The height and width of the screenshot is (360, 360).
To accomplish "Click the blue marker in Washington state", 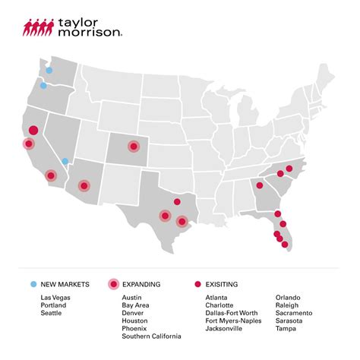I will coord(49,70).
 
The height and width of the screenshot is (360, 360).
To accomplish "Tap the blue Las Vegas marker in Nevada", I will coord(65,161).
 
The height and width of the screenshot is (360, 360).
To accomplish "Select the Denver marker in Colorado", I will coord(133,146).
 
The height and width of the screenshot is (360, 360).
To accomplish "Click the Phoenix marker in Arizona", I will coord(83,185).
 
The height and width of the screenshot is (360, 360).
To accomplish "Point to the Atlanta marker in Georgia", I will coord(259,185).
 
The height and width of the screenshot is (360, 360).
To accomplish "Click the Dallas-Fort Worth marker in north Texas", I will coord(177,202).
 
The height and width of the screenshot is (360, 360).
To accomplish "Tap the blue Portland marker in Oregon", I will coord(43,86).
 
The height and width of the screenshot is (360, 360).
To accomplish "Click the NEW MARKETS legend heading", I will coord(65,284).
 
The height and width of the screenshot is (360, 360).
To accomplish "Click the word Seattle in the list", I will coord(51,313).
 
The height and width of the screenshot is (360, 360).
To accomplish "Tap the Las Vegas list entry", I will coord(55,297).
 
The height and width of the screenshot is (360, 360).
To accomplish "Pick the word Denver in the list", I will coord(133,313).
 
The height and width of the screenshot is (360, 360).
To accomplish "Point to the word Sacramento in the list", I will coord(294,313).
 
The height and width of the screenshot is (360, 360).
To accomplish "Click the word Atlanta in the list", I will coord(218,297).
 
